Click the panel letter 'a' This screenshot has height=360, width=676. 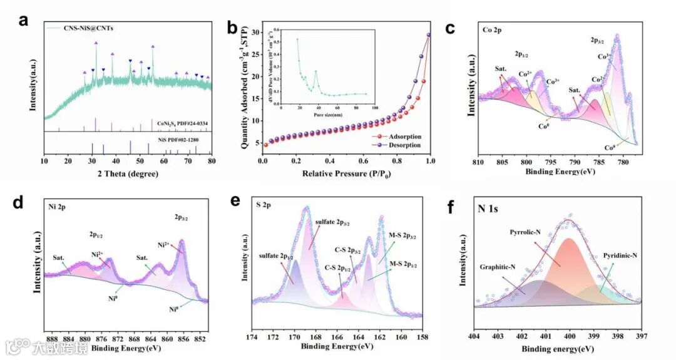click(24, 19)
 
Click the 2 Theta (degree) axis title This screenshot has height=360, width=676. click(128, 174)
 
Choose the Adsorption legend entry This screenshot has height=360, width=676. click(404, 136)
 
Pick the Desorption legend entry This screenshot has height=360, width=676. click(404, 145)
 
